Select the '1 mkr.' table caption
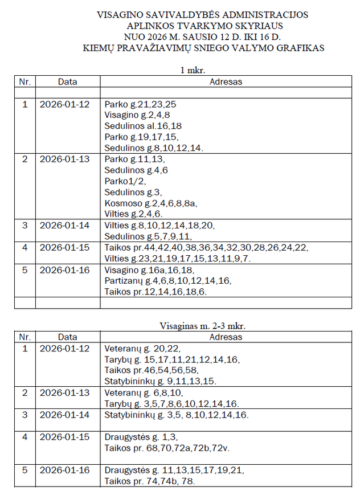[192, 71]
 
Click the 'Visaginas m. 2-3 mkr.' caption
[203, 326]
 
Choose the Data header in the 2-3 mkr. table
[67, 337]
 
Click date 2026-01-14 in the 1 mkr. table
[64, 225]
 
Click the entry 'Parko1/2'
[125, 181]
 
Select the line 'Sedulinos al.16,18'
[143, 126]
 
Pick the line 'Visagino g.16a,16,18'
[149, 269]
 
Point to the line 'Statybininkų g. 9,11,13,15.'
[160, 380]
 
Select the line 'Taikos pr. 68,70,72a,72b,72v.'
[166, 448]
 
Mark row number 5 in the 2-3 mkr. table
[24, 470]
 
